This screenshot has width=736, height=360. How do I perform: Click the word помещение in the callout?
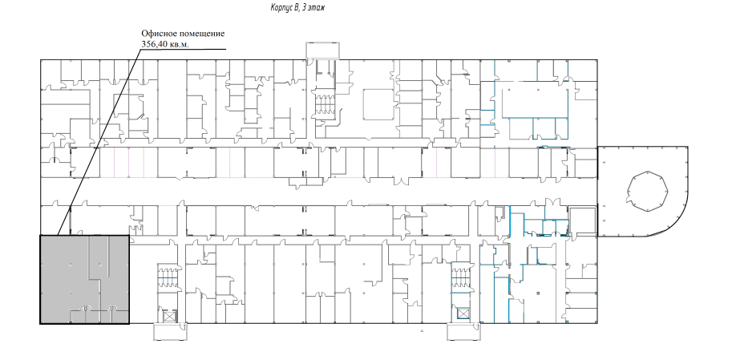tap(201, 34)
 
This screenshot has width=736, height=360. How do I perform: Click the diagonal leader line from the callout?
tap(99, 142)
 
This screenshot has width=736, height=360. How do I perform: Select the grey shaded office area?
tap(84, 279)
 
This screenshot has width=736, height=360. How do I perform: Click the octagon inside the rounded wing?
tap(649, 192)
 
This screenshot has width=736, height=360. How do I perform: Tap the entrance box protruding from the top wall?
tap(323, 51)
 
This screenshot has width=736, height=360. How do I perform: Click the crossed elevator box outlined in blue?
tap(463, 313)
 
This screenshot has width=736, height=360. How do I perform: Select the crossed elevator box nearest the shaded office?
tap(169, 315)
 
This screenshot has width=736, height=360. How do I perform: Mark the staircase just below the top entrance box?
tap(322, 103)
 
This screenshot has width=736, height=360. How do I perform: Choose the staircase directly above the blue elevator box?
tap(460, 277)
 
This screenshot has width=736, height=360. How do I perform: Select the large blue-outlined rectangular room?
tap(535, 99)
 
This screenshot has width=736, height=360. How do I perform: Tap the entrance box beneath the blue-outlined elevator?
tap(463, 332)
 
